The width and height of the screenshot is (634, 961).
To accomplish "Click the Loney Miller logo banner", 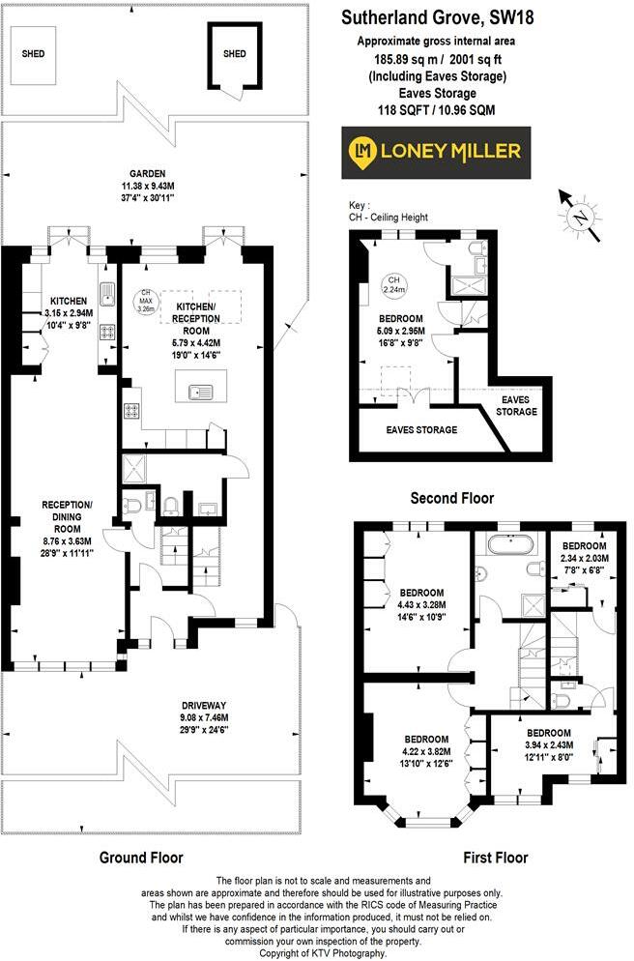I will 437,152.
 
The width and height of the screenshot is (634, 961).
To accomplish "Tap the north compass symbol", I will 578,215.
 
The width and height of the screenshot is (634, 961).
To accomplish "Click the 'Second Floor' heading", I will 451,498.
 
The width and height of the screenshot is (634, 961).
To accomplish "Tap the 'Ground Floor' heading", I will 141,857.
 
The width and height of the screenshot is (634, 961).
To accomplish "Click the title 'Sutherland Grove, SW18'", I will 437,17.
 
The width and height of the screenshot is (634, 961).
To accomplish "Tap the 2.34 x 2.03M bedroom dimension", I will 589,557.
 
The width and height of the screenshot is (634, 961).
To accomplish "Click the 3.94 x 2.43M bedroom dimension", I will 548,745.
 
